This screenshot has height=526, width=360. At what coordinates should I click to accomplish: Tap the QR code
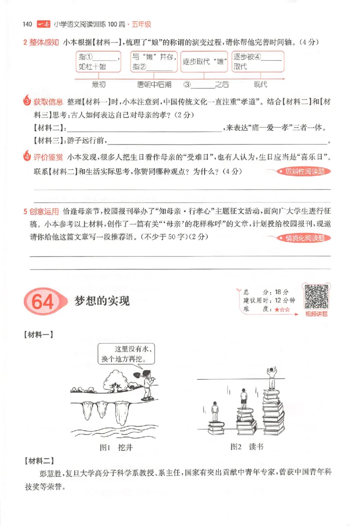click(x=316, y=297)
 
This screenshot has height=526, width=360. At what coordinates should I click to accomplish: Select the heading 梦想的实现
click(x=102, y=301)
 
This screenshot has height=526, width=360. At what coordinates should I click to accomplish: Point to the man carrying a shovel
click(x=147, y=385)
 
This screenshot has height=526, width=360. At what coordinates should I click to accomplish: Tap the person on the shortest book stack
click(x=215, y=411)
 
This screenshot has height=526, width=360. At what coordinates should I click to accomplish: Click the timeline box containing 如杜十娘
click(x=99, y=62)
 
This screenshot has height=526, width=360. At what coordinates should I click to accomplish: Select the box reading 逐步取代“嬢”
click(x=203, y=63)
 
